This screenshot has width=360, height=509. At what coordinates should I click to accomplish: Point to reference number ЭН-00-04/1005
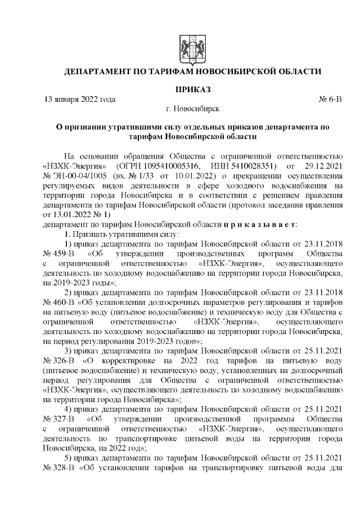85,177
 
